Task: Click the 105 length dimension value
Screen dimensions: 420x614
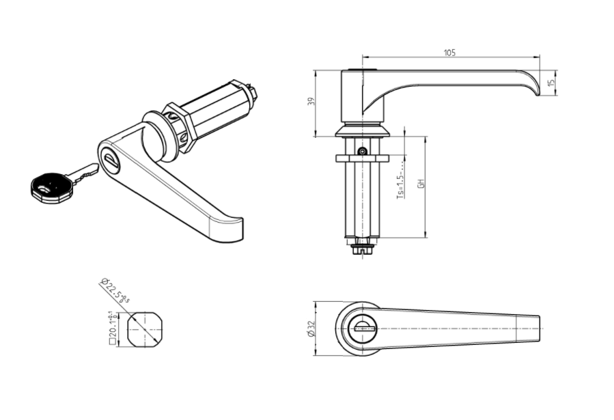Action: click(449, 53)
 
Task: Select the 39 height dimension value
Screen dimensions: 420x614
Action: click(311, 102)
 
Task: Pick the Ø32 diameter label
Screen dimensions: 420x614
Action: click(311, 329)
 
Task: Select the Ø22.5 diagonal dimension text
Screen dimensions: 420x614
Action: click(114, 290)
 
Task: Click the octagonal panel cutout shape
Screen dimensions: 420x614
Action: click(143, 328)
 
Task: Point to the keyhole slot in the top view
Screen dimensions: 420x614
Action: click(363, 328)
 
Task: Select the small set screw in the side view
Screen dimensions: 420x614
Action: click(363, 150)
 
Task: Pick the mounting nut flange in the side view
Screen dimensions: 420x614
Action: click(362, 159)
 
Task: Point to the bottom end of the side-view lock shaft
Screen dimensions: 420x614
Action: click(362, 249)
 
